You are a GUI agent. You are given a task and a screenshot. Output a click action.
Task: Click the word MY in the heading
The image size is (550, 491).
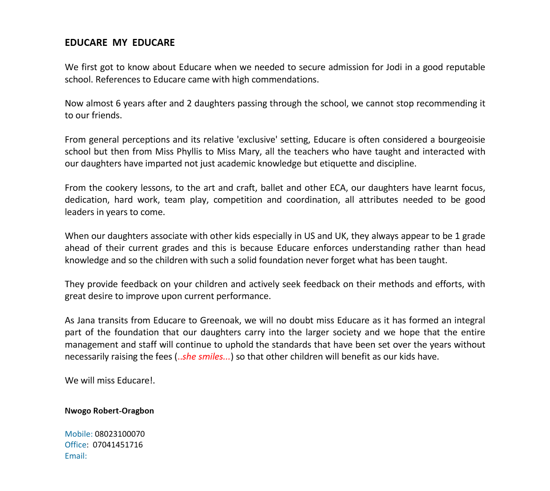120,43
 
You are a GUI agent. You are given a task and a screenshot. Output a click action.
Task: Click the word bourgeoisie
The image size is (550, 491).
461,140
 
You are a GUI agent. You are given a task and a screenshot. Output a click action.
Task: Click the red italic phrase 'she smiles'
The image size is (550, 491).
203,357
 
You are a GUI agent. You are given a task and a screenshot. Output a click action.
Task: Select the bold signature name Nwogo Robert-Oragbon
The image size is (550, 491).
109,411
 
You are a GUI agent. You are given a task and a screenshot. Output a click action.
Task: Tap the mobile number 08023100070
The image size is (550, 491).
120,434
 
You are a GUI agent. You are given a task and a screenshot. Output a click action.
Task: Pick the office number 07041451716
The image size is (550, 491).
118,445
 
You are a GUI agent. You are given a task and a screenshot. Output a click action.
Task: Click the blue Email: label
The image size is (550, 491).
76,456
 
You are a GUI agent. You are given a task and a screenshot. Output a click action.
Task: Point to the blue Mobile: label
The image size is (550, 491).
78,434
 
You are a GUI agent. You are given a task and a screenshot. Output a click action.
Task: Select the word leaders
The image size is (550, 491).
79,212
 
